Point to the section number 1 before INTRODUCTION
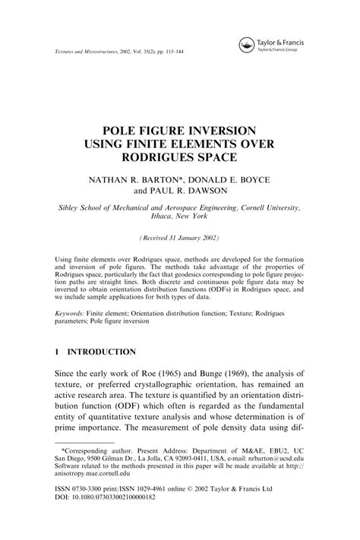(59, 352)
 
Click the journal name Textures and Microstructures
(94, 52)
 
